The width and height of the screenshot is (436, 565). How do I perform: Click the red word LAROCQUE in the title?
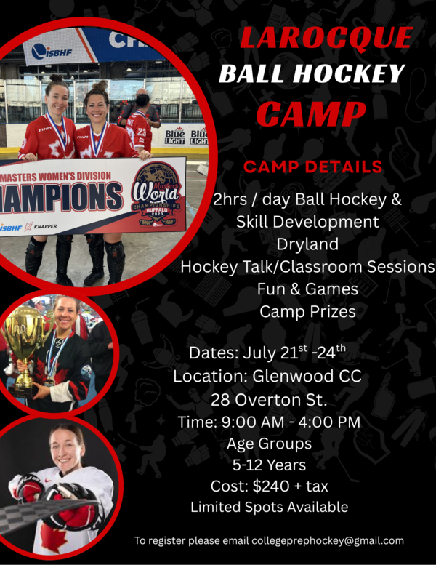(x=326, y=38)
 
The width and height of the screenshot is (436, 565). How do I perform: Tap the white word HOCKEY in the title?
(x=349, y=73)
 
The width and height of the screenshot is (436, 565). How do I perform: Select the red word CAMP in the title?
(x=311, y=113)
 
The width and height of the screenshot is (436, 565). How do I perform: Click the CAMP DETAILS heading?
(x=312, y=167)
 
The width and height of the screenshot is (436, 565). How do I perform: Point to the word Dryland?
(x=307, y=244)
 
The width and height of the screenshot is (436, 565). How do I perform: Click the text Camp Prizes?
(x=307, y=312)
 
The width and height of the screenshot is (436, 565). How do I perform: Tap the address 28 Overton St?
(x=269, y=400)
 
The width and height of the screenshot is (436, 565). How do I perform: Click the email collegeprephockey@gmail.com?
(x=328, y=540)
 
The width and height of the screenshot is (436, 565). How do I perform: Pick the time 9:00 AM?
(x=253, y=422)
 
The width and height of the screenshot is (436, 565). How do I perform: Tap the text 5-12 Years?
(x=269, y=465)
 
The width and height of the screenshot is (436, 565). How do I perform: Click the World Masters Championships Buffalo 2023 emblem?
(x=156, y=195)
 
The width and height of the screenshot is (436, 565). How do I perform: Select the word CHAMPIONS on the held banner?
(x=60, y=196)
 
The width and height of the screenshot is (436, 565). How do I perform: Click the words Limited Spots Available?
(x=270, y=507)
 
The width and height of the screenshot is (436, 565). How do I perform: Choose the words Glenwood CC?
(x=307, y=376)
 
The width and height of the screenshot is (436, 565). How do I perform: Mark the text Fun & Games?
(x=307, y=289)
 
